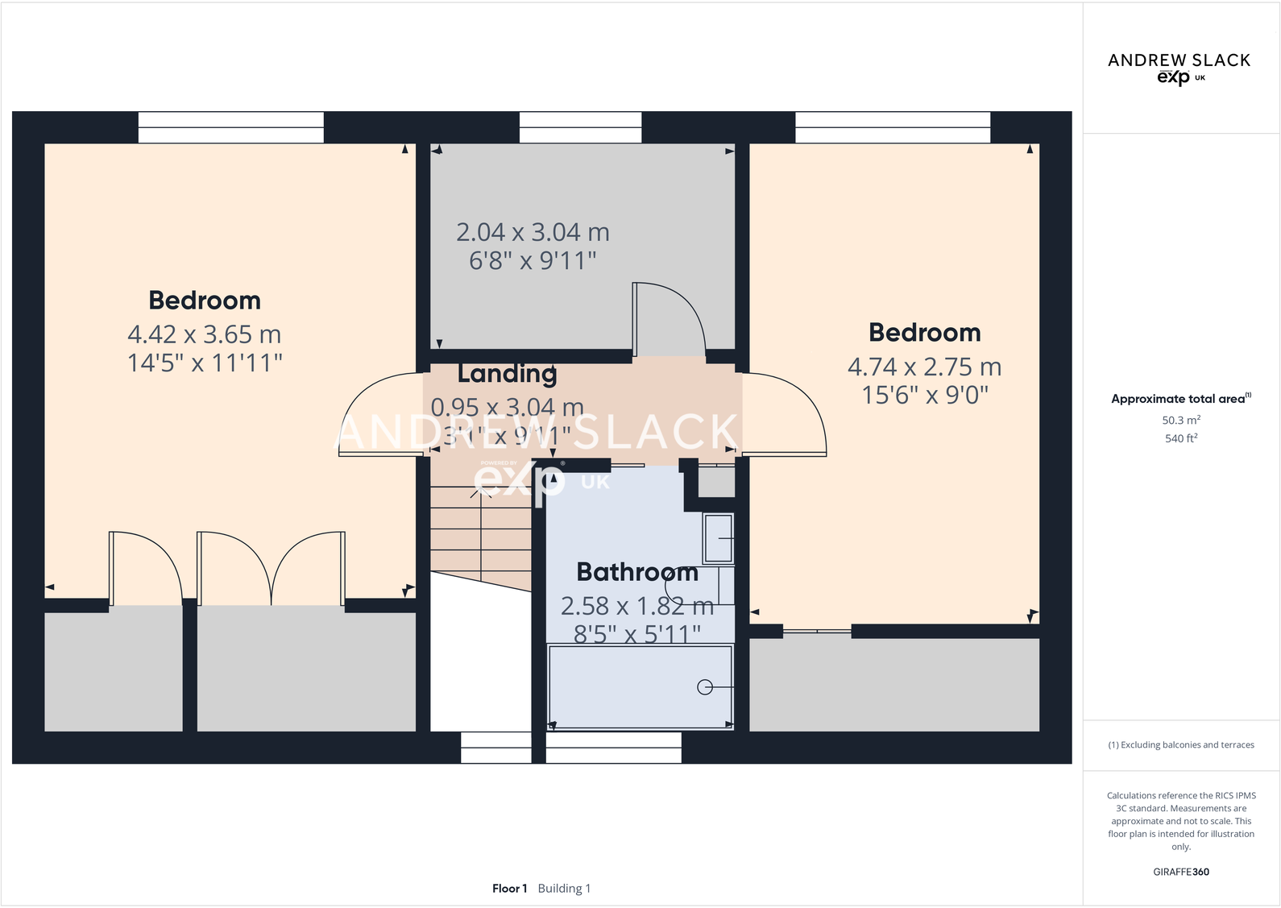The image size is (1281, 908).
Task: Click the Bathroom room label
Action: (636, 572)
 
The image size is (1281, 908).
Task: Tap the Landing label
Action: (507, 374)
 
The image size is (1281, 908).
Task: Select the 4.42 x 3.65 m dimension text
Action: (204, 334)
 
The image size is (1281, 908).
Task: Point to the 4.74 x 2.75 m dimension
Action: (924, 367)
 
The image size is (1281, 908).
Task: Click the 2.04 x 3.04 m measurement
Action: (533, 233)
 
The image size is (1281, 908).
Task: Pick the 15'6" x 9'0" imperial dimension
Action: (924, 396)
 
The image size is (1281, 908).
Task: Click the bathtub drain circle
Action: (705, 687)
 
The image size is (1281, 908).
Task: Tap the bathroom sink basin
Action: (718, 538)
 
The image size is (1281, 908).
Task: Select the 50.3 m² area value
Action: (1180, 421)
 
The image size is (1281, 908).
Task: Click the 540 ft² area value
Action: (1180, 438)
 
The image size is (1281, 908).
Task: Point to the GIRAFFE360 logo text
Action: (1180, 872)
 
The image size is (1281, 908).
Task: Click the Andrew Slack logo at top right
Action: (1179, 68)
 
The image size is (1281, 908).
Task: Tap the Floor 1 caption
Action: (509, 889)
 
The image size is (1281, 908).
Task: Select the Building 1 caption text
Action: (564, 889)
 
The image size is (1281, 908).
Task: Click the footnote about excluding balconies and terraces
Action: (1180, 745)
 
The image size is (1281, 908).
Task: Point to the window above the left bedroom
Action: (230, 127)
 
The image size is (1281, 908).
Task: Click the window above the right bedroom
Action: (893, 127)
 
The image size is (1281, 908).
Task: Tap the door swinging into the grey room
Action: (669, 318)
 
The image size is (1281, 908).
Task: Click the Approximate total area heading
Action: (1180, 399)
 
